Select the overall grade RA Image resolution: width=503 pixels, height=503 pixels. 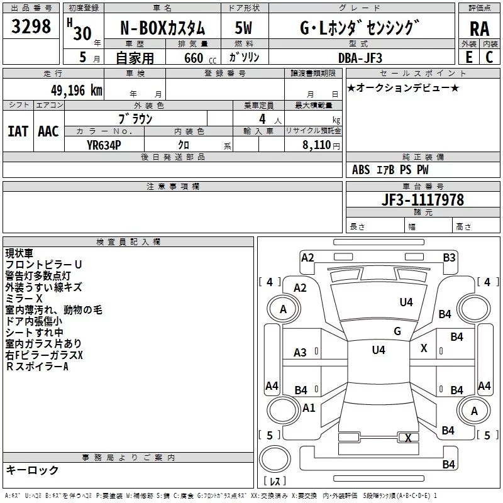pyautogui.click(x=479, y=29)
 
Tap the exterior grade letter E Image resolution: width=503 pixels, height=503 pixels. pyautogui.click(x=468, y=57)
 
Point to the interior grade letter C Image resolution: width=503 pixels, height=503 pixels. pyautogui.click(x=489, y=57)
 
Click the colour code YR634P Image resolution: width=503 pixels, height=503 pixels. pyautogui.click(x=105, y=145)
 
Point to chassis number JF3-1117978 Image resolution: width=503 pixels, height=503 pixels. pyautogui.click(x=423, y=199)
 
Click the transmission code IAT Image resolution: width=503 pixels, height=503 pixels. pyautogui.click(x=18, y=131)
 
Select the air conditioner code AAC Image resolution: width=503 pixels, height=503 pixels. pyautogui.click(x=48, y=131)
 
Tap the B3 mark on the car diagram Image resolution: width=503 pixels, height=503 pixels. pyautogui.click(x=449, y=257)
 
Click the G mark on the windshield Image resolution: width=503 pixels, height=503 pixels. pyautogui.click(x=397, y=331)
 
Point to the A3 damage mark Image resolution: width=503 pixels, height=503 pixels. pyautogui.click(x=301, y=353)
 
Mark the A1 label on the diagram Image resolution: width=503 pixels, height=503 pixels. pyautogui.click(x=309, y=407)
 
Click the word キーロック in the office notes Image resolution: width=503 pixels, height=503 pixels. pyautogui.click(x=33, y=470)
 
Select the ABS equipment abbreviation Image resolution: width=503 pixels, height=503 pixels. pyautogui.click(x=361, y=170)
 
